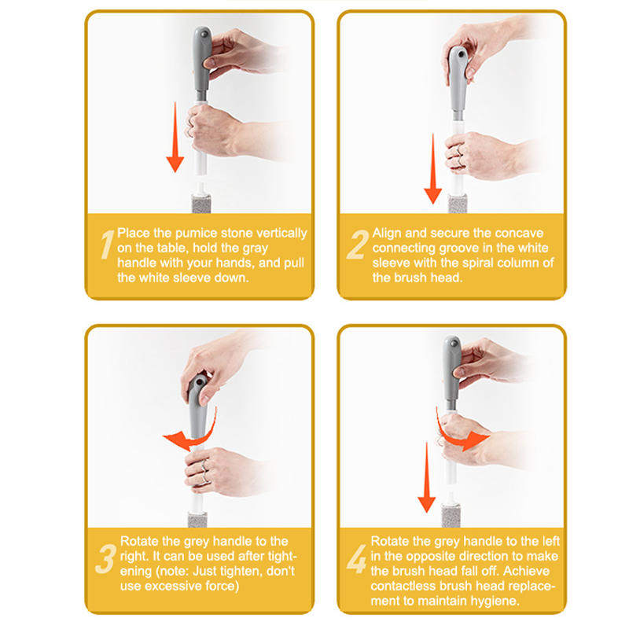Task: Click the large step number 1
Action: click(x=107, y=245)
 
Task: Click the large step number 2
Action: click(x=357, y=245)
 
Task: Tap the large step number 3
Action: click(x=106, y=559)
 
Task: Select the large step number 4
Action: click(x=357, y=559)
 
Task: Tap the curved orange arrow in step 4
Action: click(x=462, y=436)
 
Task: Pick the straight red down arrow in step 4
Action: click(x=426, y=477)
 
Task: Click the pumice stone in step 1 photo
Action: click(x=201, y=204)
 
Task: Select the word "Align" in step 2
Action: click(x=387, y=233)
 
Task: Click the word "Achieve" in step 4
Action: click(x=526, y=571)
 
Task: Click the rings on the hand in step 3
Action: click(x=204, y=472)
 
